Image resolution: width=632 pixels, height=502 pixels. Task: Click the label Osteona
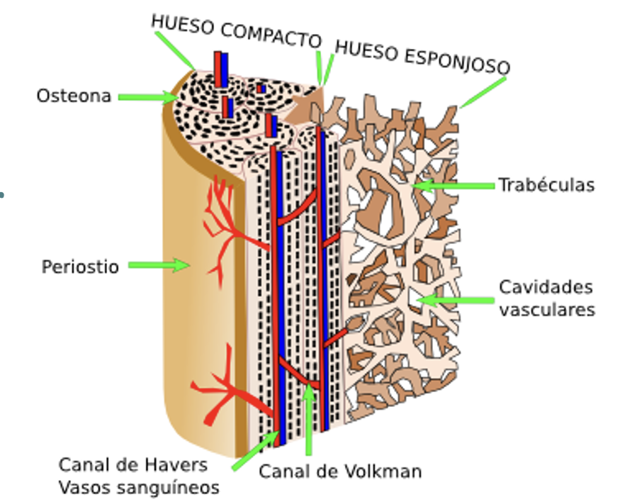pyautogui.click(x=74, y=96)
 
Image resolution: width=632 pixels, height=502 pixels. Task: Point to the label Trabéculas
pyautogui.click(x=546, y=185)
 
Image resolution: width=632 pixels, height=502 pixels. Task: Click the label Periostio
pyautogui.click(x=80, y=267)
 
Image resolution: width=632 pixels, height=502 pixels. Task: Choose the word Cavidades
pyautogui.click(x=546, y=287)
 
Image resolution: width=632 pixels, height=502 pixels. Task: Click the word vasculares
pyautogui.click(x=547, y=310)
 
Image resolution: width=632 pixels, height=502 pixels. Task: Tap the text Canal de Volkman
pyautogui.click(x=340, y=471)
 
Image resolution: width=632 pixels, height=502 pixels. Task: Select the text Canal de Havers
pyautogui.click(x=133, y=464)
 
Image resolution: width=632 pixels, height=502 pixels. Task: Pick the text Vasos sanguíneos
pyautogui.click(x=139, y=488)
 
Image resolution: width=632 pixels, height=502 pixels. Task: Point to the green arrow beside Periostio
pyautogui.click(x=159, y=266)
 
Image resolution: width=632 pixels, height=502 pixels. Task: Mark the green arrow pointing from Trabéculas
pyautogui.click(x=453, y=186)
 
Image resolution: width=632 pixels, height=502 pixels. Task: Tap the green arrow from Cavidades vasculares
pyautogui.click(x=453, y=300)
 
